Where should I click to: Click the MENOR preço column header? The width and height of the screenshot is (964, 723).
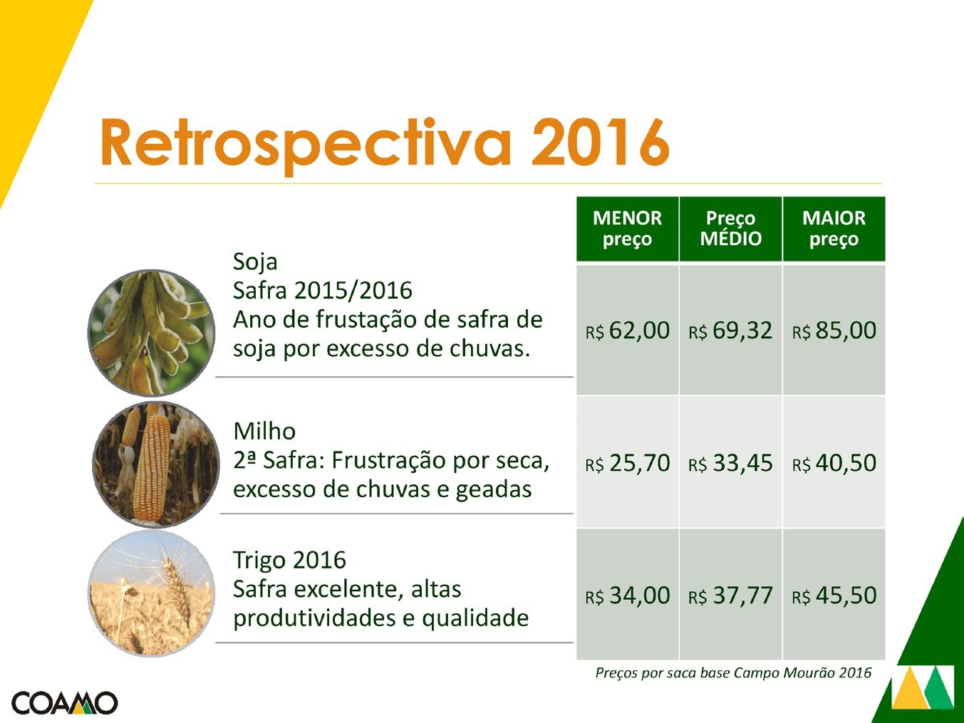coord(627,229)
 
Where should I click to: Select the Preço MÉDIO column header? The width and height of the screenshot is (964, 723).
coord(731,229)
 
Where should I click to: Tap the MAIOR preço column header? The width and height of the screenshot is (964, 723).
coord(834,229)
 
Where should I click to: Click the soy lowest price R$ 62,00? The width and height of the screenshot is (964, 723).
coord(628,331)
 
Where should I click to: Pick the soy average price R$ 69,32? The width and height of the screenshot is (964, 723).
coord(730,331)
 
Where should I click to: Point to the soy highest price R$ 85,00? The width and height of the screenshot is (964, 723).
coord(834,331)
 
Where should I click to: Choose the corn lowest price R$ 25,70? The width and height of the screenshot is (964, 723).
coord(628,464)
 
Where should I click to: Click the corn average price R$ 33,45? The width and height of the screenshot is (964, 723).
coord(730,464)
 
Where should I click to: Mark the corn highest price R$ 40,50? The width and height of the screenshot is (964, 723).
coord(834,464)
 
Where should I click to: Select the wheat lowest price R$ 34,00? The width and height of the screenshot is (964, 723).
coord(628,596)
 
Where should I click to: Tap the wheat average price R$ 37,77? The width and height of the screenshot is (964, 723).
coord(730,596)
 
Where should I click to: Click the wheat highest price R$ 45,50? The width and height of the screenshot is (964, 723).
coord(834,596)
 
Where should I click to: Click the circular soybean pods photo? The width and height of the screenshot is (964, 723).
coord(152,333)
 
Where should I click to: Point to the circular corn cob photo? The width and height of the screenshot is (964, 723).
coord(156,464)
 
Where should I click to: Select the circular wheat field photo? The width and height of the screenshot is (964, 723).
coord(152,593)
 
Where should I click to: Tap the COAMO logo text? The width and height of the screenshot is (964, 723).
coord(65,703)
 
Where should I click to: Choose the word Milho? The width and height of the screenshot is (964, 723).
coord(264,431)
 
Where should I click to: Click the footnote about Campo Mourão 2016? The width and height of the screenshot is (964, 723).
coord(733,673)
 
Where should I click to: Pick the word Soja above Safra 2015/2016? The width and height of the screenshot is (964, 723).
coord(255,262)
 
